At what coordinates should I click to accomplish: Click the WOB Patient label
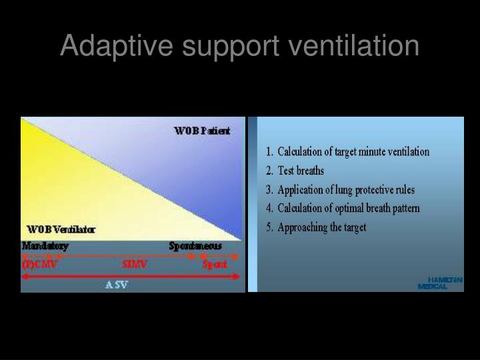click(x=202, y=131)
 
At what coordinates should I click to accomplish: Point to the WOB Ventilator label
click(x=61, y=229)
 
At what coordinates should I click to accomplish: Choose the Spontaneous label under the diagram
click(x=195, y=246)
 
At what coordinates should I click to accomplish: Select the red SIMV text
click(x=135, y=264)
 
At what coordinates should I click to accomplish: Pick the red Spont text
click(x=215, y=264)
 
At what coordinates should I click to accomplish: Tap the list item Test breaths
click(x=301, y=171)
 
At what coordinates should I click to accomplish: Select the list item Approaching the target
click(x=322, y=227)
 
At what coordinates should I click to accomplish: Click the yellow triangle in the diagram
click(x=73, y=187)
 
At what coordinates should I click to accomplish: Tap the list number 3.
click(x=269, y=189)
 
